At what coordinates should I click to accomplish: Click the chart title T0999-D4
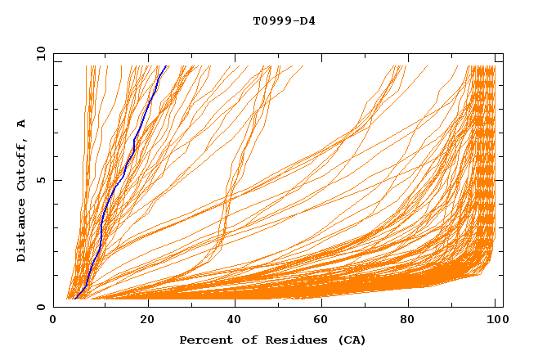click(x=284, y=21)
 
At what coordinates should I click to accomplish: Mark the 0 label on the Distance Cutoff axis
click(x=41, y=307)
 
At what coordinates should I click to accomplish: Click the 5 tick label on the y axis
click(x=41, y=180)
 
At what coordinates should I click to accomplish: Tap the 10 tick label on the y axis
click(x=39, y=53)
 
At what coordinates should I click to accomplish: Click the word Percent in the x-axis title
click(x=203, y=340)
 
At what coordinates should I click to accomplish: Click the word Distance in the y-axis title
click(x=21, y=232)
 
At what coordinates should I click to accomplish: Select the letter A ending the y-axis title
click(x=21, y=124)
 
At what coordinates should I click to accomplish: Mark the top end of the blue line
click(x=166, y=66)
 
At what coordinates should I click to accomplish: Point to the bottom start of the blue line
click(x=75, y=299)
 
